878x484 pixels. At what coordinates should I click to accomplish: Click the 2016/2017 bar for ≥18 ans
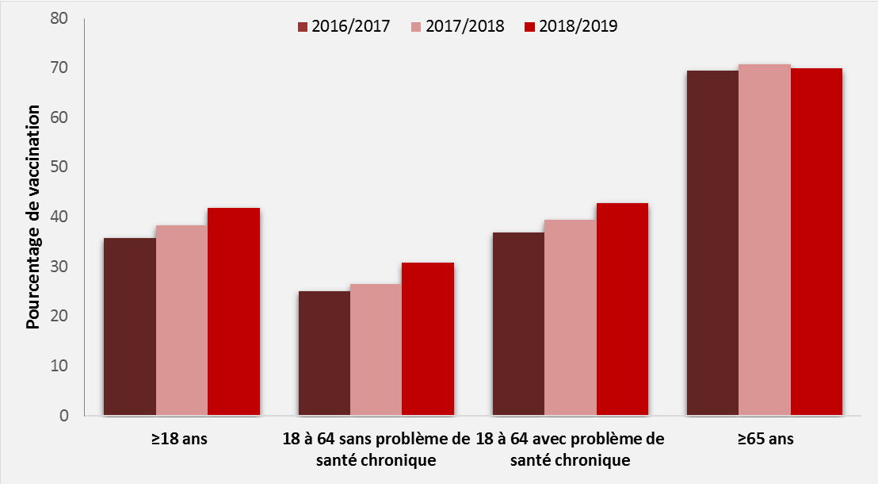point(130,326)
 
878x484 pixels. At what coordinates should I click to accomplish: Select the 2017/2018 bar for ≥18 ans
point(181,320)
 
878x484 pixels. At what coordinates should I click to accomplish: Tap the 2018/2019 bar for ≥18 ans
point(234,311)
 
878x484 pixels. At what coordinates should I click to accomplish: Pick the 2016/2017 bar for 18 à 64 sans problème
point(324,353)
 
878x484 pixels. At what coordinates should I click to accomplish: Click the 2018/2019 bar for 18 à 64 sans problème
point(428,339)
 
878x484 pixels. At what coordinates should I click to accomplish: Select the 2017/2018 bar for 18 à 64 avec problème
point(571,317)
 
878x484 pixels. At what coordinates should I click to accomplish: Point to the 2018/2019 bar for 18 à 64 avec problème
point(622,309)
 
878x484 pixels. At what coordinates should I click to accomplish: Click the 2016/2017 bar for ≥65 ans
point(712,243)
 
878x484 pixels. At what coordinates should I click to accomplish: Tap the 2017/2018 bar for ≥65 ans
point(765,240)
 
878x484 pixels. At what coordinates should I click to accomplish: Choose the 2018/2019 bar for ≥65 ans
point(816,241)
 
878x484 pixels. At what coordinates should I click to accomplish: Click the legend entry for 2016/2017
point(343,26)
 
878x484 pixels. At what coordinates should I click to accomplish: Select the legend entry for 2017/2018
point(458,26)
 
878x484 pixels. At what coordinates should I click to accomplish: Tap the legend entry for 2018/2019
point(571,26)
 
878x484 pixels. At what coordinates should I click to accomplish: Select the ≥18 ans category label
point(181,438)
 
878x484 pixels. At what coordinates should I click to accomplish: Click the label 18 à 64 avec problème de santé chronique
point(571,449)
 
